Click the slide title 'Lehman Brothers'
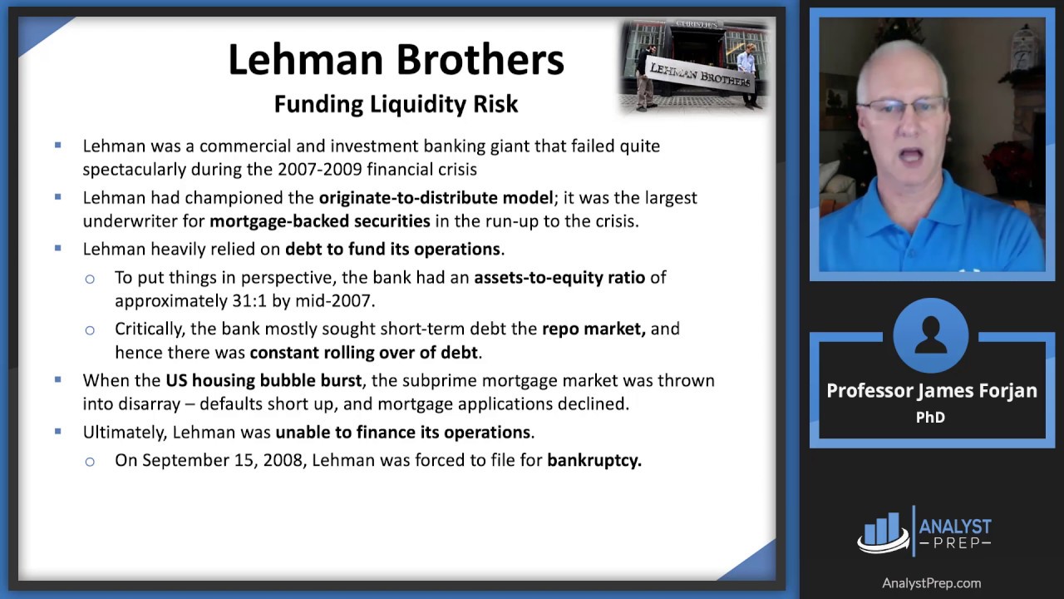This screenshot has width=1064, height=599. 396,60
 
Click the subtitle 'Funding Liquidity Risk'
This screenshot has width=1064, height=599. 396,104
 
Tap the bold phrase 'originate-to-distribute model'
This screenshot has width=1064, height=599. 436,198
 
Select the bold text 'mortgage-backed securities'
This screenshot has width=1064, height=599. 320,220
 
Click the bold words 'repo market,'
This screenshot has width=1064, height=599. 594,329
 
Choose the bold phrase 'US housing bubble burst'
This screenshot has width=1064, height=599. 264,380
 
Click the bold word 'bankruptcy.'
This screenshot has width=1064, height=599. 594,460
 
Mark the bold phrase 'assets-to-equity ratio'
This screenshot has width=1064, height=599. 559,277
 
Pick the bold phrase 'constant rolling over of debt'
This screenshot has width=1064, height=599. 364,352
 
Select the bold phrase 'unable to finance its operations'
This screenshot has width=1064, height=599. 403,432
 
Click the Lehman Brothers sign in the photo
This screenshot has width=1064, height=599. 700,75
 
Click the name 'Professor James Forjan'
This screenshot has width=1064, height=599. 932,391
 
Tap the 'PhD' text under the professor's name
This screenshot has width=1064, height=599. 930,418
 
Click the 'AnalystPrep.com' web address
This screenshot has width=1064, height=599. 931,583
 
